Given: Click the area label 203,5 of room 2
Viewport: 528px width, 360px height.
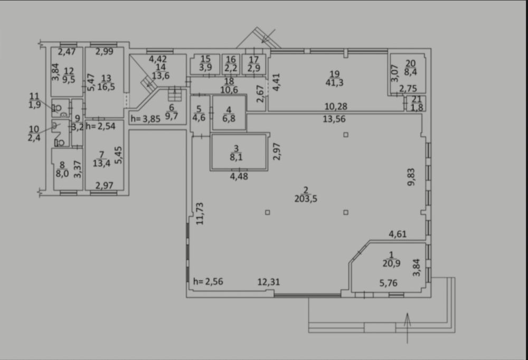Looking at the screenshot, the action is pos(306,198).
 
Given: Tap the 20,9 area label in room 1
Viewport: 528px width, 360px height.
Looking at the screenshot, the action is pos(391,263).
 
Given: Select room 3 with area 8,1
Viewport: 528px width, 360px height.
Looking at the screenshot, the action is pos(239,152).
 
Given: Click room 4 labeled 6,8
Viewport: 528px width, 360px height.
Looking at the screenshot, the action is pos(229,113).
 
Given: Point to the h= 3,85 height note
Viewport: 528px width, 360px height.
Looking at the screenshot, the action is pos(146,119).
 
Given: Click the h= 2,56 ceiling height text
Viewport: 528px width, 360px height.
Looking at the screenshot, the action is pos(208,281).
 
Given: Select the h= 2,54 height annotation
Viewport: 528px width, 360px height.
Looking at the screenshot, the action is pos(100,126).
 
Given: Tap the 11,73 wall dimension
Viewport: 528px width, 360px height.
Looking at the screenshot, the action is pos(200,213).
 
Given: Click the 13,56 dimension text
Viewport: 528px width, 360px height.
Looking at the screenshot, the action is pos(334,119).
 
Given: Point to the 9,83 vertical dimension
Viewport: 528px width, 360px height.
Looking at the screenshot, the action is pos(411,177).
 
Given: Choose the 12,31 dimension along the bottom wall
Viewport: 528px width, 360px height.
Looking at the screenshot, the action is pos(269,282).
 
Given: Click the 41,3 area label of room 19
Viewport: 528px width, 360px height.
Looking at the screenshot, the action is pos(334,82).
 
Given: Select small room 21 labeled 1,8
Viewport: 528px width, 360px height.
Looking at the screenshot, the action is pos(416,103).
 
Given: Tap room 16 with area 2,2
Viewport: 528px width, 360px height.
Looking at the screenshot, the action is pos(231,64).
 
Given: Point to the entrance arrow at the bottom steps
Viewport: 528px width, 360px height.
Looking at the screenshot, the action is pos(408,328).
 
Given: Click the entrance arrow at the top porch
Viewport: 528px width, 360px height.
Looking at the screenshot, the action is pos(268,36).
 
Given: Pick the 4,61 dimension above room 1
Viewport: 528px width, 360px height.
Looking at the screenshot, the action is pos(398,234).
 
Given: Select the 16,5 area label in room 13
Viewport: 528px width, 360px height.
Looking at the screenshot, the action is pos(106,87).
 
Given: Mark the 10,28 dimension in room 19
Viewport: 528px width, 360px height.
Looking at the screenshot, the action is pos(336,107).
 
